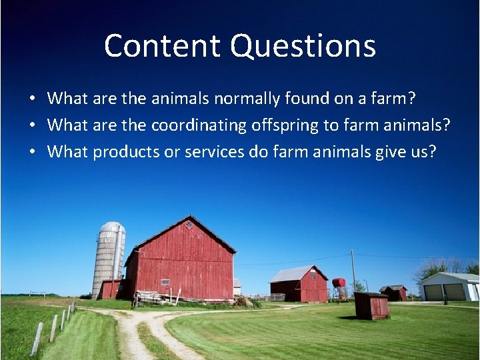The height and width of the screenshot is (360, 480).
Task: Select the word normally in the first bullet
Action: pyautogui.click(x=245, y=99)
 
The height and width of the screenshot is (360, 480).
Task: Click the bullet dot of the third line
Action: pyautogui.click(x=31, y=153)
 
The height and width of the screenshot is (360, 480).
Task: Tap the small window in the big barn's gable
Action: pyautogui.click(x=189, y=225)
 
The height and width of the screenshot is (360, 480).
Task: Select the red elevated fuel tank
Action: pyautogui.click(x=339, y=283)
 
